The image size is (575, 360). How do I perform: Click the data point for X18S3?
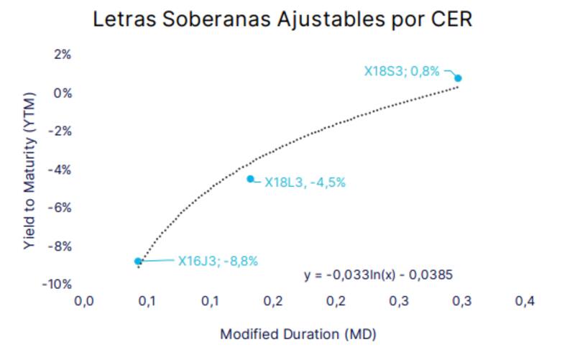458,78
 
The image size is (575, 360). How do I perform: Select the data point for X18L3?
250,179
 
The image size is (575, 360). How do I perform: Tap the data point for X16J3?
138,262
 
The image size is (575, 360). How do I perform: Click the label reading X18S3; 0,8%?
401,71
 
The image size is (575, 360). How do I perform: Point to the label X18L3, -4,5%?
305,183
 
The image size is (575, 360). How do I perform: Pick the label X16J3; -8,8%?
218,262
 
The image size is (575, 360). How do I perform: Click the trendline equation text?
377,275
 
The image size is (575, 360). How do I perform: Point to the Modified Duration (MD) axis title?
298,334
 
